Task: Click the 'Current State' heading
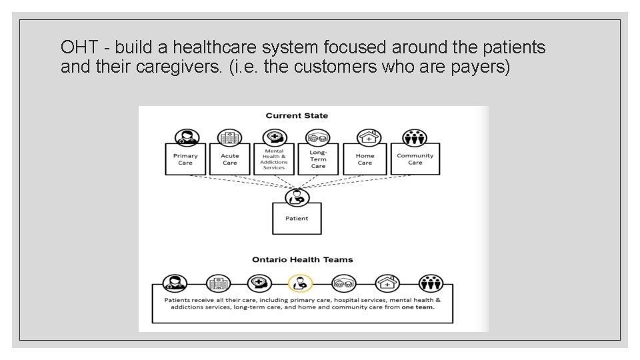[x=297, y=116]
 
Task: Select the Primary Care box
[x=185, y=159]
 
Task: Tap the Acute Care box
[x=229, y=159]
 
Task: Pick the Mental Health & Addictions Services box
[x=274, y=159]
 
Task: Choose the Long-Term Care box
[x=318, y=159]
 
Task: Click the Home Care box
[x=365, y=159]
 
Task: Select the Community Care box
[x=415, y=159]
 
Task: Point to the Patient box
[x=297, y=218]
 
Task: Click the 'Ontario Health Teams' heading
[x=302, y=259]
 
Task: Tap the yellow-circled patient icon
[x=299, y=283]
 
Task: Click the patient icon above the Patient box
[x=297, y=197]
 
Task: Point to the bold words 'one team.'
[x=418, y=307]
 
